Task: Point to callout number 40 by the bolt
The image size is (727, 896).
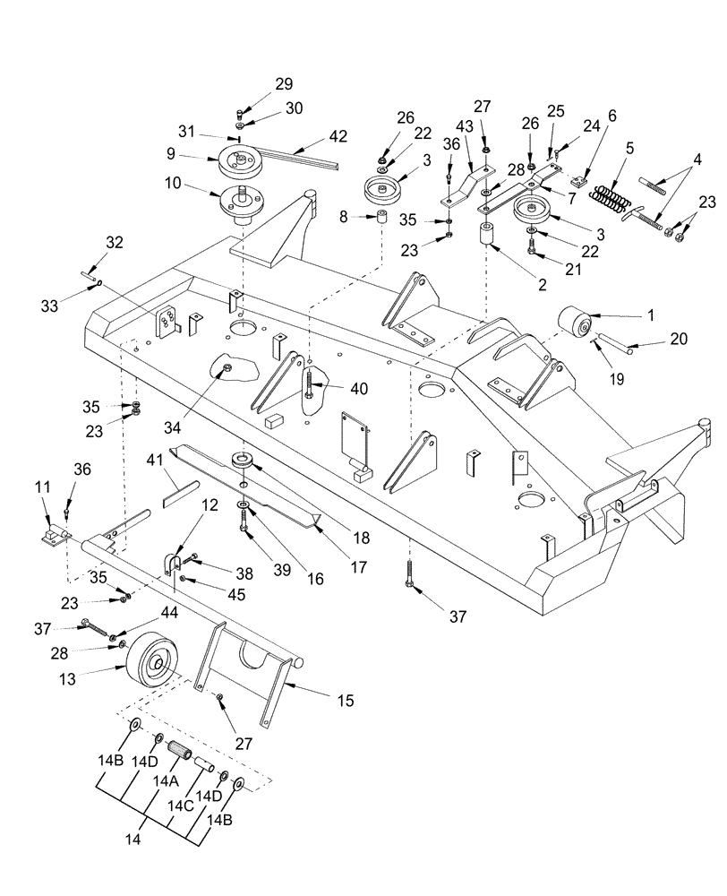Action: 358,389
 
